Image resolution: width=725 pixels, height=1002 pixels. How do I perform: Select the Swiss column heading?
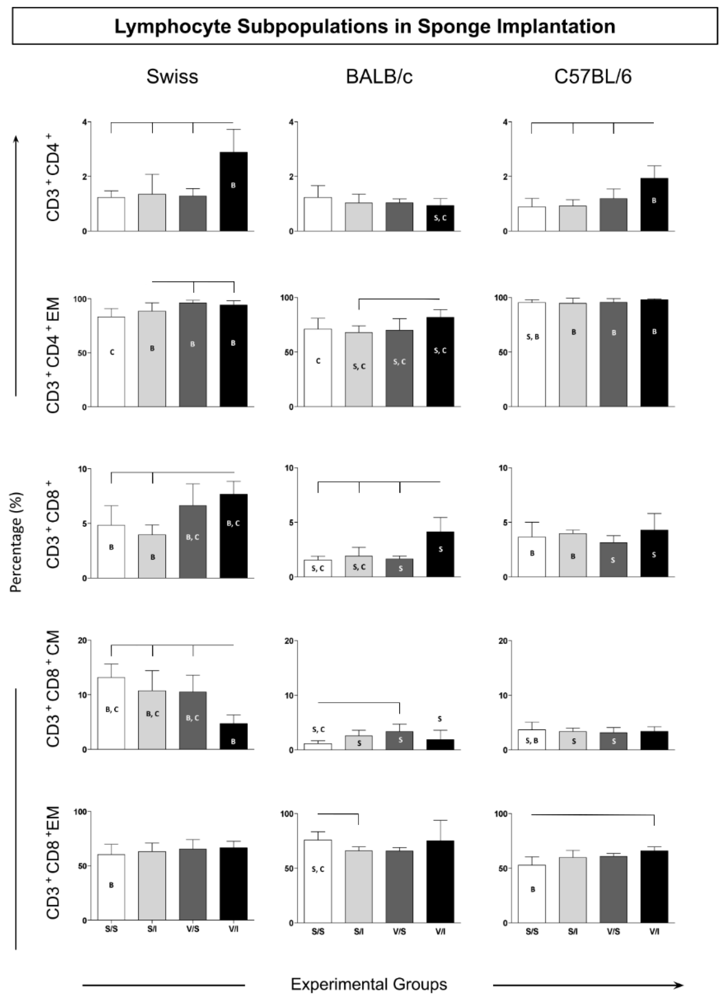pos(172,77)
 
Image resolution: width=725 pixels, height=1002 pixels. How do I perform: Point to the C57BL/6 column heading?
pos(593,77)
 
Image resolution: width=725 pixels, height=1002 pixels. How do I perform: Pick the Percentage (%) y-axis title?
pos(16,542)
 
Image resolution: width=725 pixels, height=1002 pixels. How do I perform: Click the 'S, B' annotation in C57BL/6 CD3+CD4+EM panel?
pos(532,337)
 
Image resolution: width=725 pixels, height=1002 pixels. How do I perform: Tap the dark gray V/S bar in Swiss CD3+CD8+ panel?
pos(193,541)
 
